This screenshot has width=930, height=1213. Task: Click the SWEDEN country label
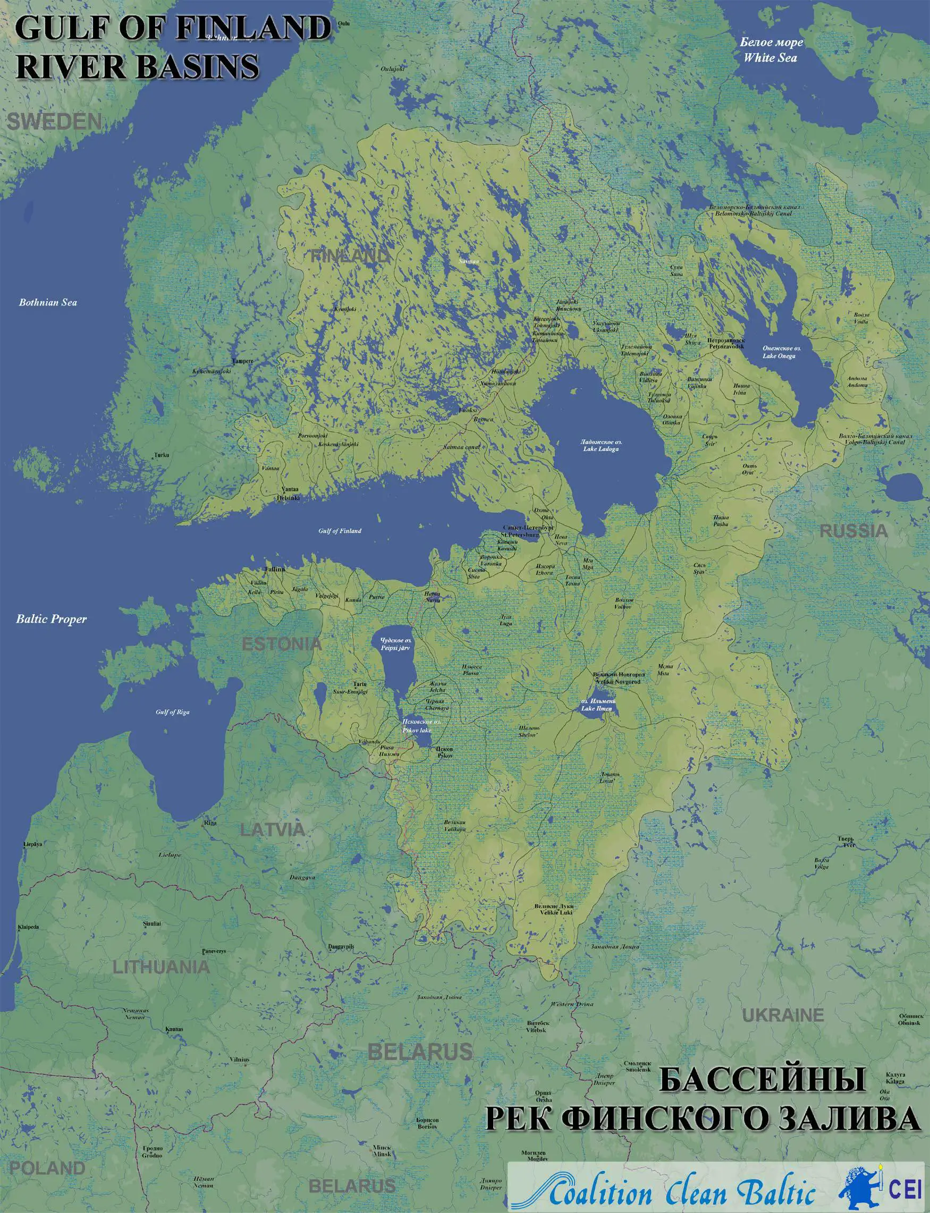pyautogui.click(x=54, y=122)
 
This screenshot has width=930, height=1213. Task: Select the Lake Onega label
pyautogui.click(x=779, y=352)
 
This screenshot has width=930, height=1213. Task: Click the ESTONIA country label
pyautogui.click(x=281, y=644)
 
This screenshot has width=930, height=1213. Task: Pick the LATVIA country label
pyautogui.click(x=272, y=829)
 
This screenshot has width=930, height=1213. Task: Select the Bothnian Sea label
pyautogui.click(x=48, y=303)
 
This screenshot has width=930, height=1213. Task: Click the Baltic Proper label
pyautogui.click(x=51, y=618)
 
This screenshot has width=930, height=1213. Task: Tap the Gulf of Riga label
pyautogui.click(x=172, y=712)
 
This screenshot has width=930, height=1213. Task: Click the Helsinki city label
pyautogui.click(x=289, y=497)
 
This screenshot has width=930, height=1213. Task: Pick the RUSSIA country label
pyautogui.click(x=853, y=531)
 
